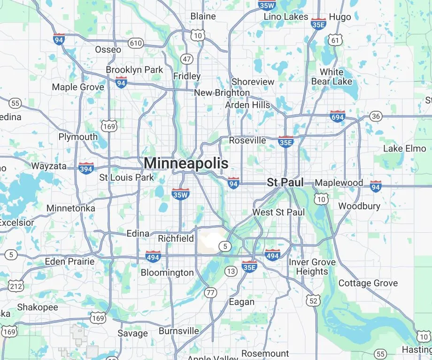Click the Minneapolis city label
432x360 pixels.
186,163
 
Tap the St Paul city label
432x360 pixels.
285,183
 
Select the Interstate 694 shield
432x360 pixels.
337,116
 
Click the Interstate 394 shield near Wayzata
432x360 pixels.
86,168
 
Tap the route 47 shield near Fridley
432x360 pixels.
187,59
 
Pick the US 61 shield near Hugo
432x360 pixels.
335,40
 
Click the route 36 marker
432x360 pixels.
376,116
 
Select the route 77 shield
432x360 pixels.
211,293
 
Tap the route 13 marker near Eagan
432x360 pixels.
231,271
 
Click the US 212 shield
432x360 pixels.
16,285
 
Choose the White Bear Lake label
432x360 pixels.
332,77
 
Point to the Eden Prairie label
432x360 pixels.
69,261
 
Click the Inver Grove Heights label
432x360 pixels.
312,267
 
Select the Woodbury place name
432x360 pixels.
359,206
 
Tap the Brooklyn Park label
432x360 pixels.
134,69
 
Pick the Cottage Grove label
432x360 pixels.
368,283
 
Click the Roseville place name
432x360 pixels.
247,140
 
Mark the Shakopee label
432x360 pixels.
38,307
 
